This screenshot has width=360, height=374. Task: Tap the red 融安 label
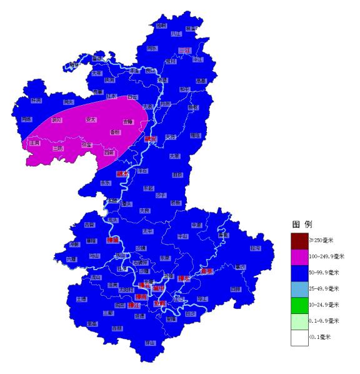pyautogui.click(x=150, y=139)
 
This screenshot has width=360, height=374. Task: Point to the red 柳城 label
pyautogui.click(x=112, y=240)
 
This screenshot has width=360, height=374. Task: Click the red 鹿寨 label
pyautogui.click(x=207, y=271)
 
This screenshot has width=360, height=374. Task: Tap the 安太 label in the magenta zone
pyautogui.click(x=91, y=119)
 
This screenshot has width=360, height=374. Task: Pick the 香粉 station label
pyautogui.click(x=115, y=132)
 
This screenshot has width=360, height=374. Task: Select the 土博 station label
pyautogui.click(x=81, y=299)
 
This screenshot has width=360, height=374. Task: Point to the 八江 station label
pyautogui.click(x=176, y=33)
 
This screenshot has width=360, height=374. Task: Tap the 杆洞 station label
pyautogui.click(x=36, y=100)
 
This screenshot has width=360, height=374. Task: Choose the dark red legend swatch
pyautogui.click(x=299, y=240)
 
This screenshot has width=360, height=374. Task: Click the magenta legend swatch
pyautogui.click(x=299, y=256)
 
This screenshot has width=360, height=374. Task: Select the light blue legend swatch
pyautogui.click(x=299, y=288)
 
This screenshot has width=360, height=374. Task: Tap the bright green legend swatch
pyautogui.click(x=299, y=305)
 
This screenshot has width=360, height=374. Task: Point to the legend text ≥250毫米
pyautogui.click(x=326, y=240)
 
